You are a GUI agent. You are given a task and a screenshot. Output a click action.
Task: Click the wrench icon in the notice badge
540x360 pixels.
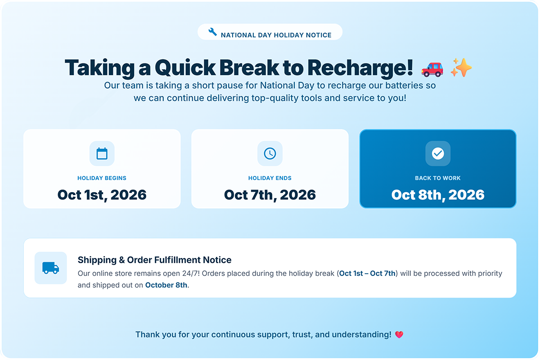(212, 32)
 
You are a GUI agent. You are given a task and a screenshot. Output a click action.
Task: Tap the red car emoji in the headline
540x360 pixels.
(432, 69)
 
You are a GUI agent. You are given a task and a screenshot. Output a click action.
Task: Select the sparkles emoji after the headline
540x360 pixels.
(461, 67)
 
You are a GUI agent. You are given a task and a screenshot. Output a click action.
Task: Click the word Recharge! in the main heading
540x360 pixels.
(360, 68)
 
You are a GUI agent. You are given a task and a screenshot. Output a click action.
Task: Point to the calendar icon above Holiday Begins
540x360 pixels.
(102, 153)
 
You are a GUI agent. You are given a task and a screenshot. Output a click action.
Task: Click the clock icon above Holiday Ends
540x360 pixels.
(270, 153)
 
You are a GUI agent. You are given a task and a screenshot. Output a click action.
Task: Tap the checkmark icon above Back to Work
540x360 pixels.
(438, 153)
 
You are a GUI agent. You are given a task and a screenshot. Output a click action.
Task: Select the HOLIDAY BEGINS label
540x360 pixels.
(102, 178)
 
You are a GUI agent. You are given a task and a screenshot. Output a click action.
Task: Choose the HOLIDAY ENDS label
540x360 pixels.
(270, 178)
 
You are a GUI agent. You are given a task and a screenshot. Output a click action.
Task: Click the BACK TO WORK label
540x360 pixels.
(438, 178)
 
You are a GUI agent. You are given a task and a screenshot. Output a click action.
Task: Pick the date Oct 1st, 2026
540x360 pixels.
(102, 195)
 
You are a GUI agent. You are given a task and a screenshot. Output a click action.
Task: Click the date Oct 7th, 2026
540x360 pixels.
(270, 195)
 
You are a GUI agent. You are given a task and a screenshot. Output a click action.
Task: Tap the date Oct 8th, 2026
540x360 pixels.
(438, 195)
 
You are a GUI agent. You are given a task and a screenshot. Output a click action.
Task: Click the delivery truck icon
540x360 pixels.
(50, 268)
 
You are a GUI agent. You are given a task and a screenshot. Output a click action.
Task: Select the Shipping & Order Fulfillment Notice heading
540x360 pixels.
(154, 260)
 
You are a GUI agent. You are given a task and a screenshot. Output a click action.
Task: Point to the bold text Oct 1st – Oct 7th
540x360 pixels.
(367, 274)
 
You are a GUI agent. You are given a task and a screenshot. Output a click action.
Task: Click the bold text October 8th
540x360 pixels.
(166, 285)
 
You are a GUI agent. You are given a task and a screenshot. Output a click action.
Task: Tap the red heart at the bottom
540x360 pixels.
(399, 335)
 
